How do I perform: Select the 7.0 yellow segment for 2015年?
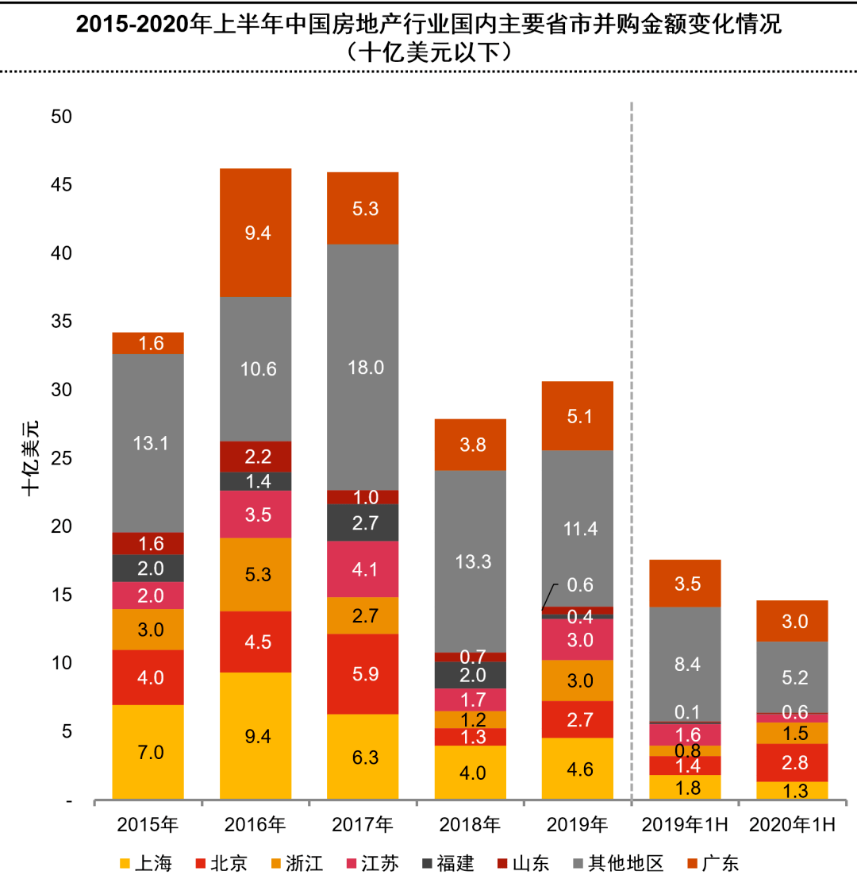[148, 752]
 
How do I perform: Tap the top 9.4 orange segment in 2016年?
[256, 233]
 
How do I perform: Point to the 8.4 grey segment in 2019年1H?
[685, 665]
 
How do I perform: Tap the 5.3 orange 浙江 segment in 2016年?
[256, 574]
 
